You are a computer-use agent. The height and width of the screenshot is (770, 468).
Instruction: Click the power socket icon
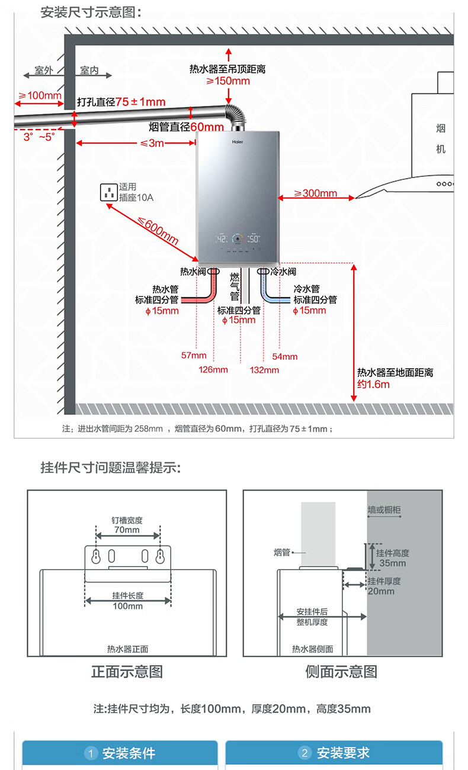pos(108,192)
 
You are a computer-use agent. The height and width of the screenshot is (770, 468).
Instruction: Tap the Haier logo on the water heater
pos(238,142)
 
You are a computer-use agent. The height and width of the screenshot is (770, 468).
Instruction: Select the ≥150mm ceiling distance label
pos(228,81)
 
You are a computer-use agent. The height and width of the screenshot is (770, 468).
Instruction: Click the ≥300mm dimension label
pos(316,193)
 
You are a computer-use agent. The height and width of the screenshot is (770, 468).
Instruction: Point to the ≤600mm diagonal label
pos(158,231)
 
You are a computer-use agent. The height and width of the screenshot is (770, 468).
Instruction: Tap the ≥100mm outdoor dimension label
pos(40,95)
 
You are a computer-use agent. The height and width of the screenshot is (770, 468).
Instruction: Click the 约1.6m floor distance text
pos(373,384)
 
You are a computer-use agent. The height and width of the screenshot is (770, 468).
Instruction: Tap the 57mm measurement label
pos(194,356)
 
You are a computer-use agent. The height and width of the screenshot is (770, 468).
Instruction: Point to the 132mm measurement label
pos(264,370)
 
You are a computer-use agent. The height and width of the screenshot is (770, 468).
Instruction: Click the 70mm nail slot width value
pos(127,530)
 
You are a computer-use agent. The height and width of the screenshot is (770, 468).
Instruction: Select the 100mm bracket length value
pos(127,606)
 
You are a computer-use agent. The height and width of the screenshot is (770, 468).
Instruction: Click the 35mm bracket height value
pos(393,563)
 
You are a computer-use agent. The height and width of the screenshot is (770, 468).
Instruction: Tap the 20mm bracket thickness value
pos(380,591)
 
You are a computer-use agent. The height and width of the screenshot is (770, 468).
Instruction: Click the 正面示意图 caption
pos(127,672)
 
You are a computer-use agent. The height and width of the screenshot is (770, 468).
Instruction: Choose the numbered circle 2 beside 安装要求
pos(304,753)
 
